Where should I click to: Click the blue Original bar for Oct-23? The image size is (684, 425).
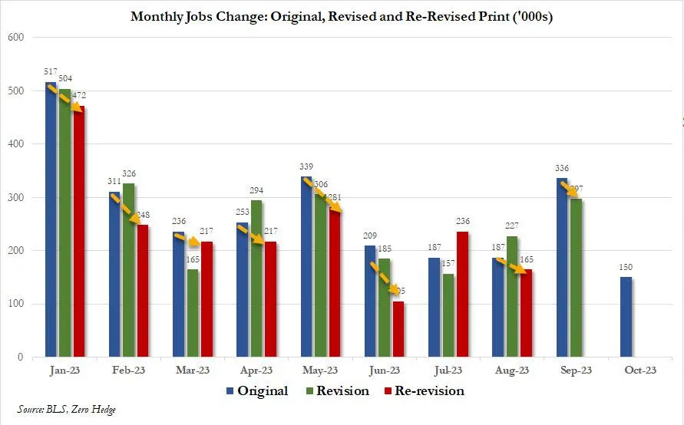(x=626, y=317)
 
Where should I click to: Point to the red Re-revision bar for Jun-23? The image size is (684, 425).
(x=398, y=329)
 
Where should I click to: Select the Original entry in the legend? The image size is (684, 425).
(x=257, y=391)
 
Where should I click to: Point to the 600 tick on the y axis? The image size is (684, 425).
(x=15, y=38)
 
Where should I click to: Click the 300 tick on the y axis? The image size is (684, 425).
(x=15, y=198)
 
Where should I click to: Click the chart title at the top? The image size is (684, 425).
(x=342, y=16)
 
